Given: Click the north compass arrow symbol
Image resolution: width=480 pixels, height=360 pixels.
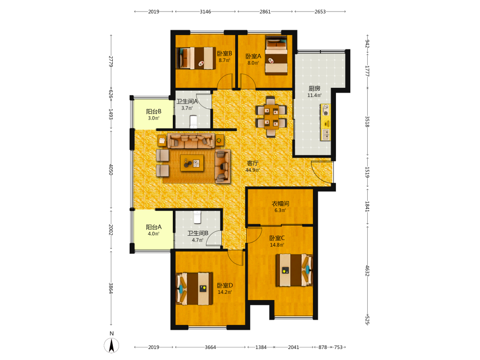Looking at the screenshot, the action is pyautogui.click(x=111, y=345).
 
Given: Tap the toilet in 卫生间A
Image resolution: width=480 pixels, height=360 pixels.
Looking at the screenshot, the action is pyautogui.click(x=193, y=121).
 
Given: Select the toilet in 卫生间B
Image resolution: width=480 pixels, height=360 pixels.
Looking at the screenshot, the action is pyautogui.click(x=197, y=217).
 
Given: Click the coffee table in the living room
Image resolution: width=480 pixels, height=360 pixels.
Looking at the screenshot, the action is pyautogui.click(x=192, y=163).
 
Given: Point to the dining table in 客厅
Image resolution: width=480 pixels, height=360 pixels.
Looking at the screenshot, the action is pyautogui.click(x=271, y=116).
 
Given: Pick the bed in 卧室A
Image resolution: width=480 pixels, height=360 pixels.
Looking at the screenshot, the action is pyautogui.click(x=276, y=55).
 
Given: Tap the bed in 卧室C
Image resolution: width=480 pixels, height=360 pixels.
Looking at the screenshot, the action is pyautogui.click(x=294, y=270).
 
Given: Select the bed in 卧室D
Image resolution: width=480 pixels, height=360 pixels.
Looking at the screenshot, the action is pyautogui.click(x=194, y=288).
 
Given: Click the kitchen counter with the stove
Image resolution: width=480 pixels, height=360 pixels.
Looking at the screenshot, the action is pyautogui.click(x=325, y=122).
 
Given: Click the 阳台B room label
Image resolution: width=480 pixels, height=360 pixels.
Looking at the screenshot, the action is pyautogui.click(x=154, y=111).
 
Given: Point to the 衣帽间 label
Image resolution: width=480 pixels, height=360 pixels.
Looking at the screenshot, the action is pyautogui.click(x=280, y=204).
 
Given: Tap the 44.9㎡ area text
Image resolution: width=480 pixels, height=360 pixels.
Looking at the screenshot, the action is pyautogui.click(x=252, y=170).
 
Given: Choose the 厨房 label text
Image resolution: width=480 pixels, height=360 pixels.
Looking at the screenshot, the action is pyautogui.click(x=314, y=88).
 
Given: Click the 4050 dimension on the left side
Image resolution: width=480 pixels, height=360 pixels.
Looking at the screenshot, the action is pyautogui.click(x=111, y=169).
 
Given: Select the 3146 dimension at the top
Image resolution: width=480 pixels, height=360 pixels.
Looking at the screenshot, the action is pyautogui.click(x=205, y=12).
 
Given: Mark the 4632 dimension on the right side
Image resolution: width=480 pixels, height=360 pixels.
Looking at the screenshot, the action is pyautogui.click(x=367, y=271).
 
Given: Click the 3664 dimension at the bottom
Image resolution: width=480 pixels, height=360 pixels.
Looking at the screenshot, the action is pyautogui.click(x=210, y=347).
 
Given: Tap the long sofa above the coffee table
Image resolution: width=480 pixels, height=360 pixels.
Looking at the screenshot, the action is pyautogui.click(x=191, y=141).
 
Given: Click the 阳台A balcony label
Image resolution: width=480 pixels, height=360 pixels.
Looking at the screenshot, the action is pyautogui.click(x=154, y=227).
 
